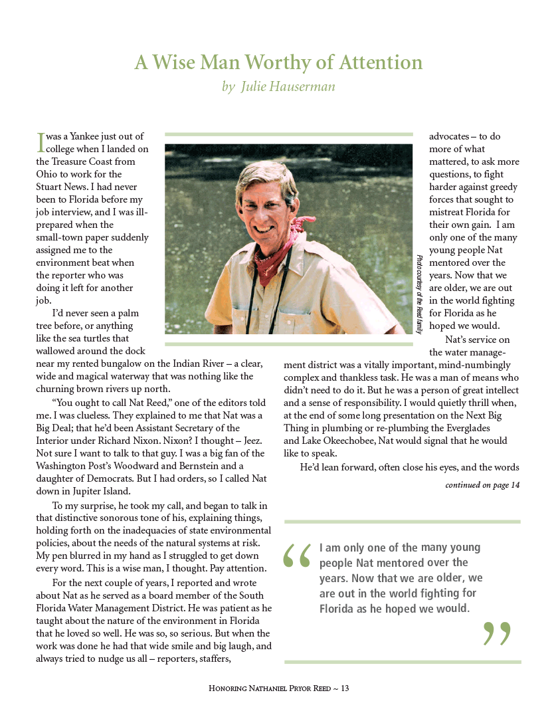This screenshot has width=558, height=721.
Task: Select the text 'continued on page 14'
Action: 482,485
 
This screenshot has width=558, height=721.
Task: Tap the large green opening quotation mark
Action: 297,556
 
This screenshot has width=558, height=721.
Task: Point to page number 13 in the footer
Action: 345,688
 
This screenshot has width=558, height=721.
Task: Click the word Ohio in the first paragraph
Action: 48,174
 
